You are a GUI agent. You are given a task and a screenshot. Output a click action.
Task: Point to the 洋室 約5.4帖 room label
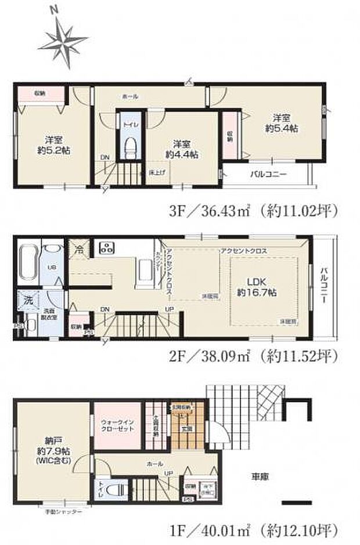pyautogui.click(x=282, y=124)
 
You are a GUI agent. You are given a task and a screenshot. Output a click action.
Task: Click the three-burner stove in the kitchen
pyautogui.click(x=107, y=248)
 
